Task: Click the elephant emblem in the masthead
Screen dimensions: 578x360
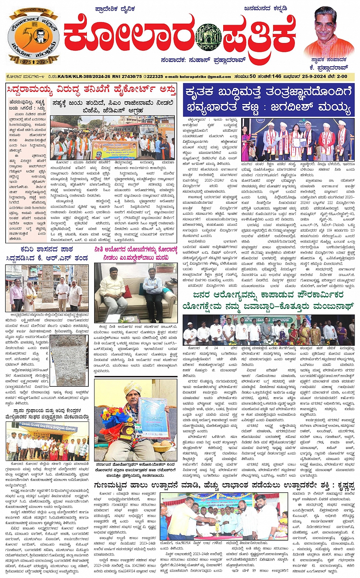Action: (x=208, y=37)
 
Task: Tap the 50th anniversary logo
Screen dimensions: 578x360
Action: (x=33, y=37)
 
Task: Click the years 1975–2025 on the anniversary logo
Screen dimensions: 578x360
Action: (x=34, y=61)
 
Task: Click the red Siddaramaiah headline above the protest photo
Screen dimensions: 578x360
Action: (x=91, y=90)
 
